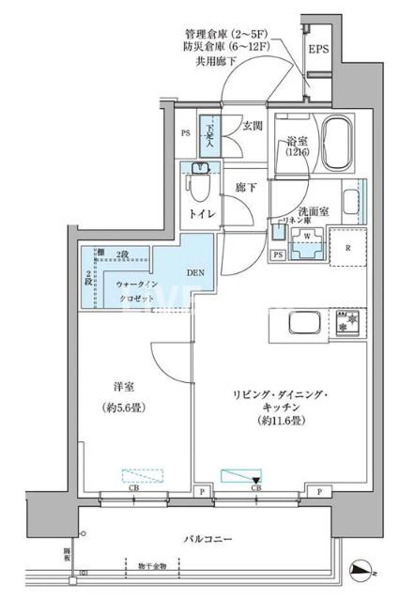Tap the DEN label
tap(194, 273)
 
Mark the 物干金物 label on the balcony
tap(149, 566)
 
